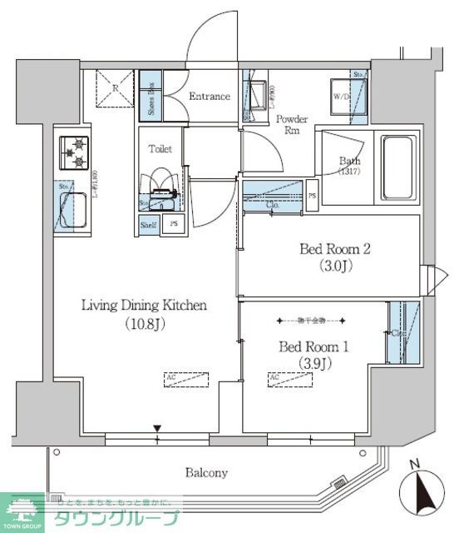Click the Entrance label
tap(209, 97)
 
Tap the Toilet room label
tap(160, 149)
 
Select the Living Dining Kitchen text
tap(143, 306)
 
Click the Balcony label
tap(206, 472)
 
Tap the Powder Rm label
tap(292, 125)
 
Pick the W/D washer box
tap(343, 97)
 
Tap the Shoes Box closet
tap(151, 97)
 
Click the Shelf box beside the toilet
tap(148, 224)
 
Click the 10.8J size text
tap(143, 324)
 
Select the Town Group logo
tap(91, 512)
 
